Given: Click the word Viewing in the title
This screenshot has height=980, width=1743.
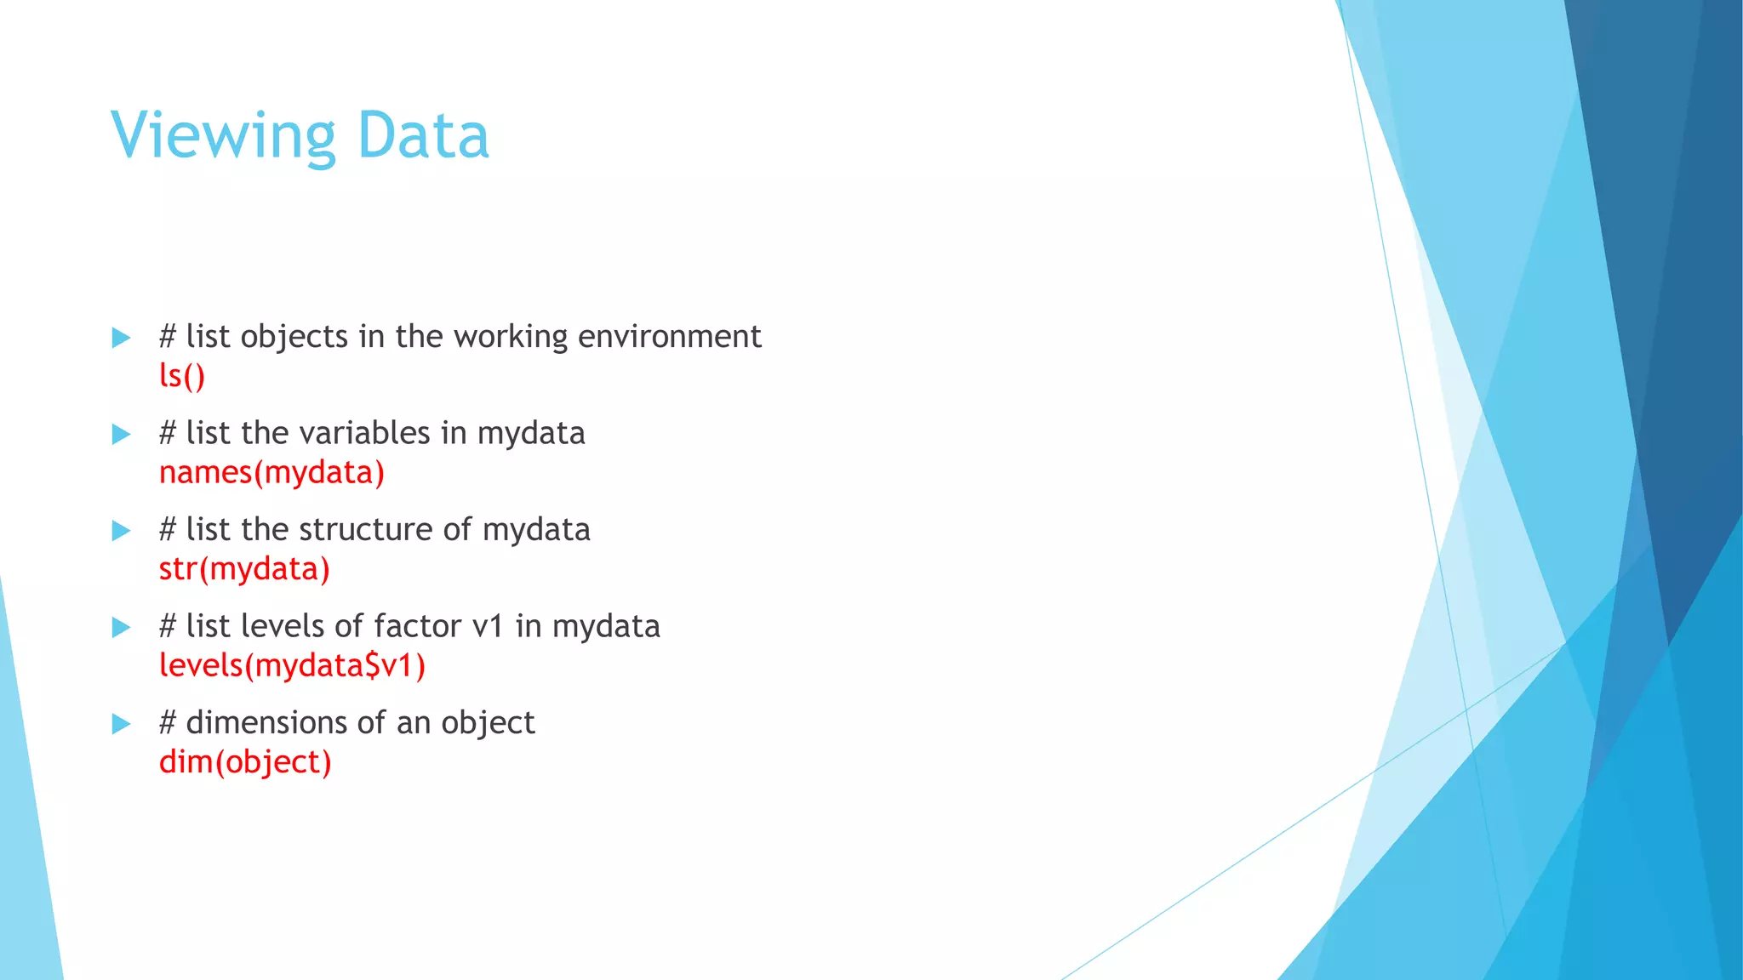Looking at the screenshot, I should (x=224, y=136).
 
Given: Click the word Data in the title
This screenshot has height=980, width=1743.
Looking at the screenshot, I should (x=423, y=136).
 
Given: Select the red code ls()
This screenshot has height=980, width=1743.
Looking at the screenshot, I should (x=182, y=375).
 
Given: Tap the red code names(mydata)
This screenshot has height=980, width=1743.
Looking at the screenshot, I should (x=271, y=472).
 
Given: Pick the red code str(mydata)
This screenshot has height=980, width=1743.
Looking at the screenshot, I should (x=244, y=568).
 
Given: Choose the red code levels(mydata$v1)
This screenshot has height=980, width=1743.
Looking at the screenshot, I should (x=292, y=665).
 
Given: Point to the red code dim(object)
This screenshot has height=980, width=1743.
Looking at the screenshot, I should (x=245, y=761).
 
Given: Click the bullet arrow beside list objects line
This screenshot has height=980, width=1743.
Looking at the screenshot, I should (x=121, y=338).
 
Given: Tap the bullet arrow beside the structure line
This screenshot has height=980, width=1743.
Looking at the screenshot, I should (x=121, y=531).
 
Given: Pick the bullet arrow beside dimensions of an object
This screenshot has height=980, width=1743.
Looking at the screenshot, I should (x=121, y=724).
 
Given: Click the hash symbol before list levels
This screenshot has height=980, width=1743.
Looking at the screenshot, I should (x=168, y=626).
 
